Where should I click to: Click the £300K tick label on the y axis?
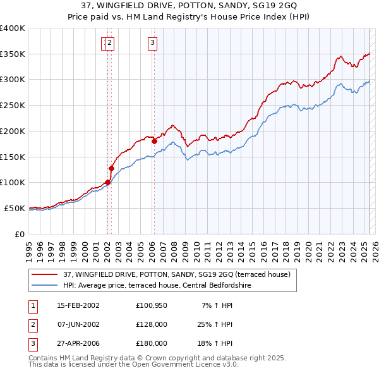13,80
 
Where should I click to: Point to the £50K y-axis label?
15,208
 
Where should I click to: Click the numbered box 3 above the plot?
153,43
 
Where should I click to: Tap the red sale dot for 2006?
154,142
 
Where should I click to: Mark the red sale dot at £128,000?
111,168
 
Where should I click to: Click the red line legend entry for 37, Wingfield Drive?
176,274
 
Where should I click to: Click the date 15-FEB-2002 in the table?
78,306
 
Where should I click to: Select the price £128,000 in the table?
151,325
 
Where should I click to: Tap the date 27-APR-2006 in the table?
78,344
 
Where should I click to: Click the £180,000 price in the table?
151,344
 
